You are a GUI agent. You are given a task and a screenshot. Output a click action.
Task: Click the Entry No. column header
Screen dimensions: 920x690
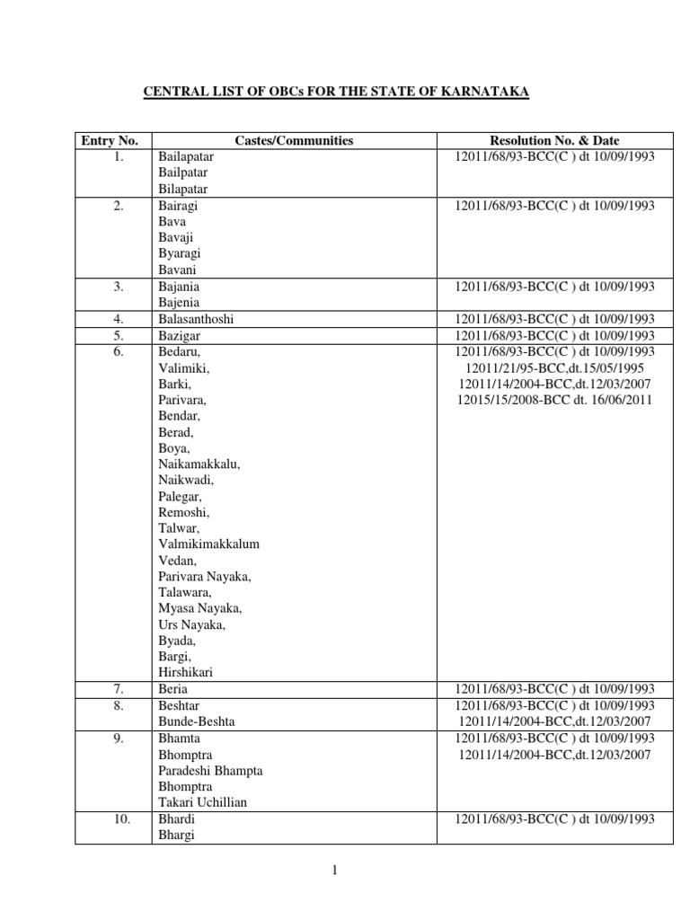click(110, 140)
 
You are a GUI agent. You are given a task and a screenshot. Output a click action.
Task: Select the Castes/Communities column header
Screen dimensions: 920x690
click(294, 140)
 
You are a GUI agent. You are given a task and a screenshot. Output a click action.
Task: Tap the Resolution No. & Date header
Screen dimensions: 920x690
click(554, 140)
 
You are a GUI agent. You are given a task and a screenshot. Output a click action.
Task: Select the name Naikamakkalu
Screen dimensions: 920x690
click(199, 464)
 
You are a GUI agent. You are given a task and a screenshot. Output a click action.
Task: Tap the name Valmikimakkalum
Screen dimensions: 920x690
click(209, 544)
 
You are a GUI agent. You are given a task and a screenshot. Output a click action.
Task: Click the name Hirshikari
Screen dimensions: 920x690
click(186, 672)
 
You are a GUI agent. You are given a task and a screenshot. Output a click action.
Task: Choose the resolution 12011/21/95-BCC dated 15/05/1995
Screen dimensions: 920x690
click(554, 367)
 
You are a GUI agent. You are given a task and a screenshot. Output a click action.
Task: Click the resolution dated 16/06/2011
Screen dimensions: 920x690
click(554, 399)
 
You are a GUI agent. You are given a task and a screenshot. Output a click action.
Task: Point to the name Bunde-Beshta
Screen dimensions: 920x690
click(198, 721)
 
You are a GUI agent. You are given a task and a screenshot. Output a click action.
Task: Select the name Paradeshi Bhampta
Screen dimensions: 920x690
click(210, 770)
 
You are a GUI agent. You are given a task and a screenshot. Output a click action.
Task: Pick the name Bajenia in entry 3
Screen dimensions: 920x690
click(179, 303)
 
